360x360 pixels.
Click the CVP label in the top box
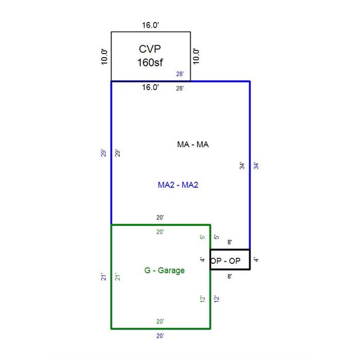click(x=150, y=49)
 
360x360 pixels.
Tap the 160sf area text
click(x=150, y=62)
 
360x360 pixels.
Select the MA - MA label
click(x=193, y=145)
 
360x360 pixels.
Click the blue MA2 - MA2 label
click(x=178, y=185)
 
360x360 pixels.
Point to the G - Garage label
click(x=165, y=271)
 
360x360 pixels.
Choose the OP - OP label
click(x=225, y=261)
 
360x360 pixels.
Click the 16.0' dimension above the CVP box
click(x=150, y=25)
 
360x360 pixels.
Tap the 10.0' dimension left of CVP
click(x=104, y=57)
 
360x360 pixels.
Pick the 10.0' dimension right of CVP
click(x=196, y=57)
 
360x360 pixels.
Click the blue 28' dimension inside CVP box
click(x=180, y=74)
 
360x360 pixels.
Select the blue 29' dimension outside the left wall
click(x=103, y=153)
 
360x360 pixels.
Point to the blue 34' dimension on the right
click(x=256, y=166)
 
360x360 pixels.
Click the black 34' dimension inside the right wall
click(x=242, y=166)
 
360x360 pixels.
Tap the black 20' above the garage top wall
click(x=160, y=218)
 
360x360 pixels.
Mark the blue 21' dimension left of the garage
click(x=103, y=277)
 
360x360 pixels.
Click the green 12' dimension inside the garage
click(x=203, y=299)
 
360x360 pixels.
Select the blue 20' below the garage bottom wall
click(x=160, y=336)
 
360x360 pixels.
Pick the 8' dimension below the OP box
click(x=229, y=276)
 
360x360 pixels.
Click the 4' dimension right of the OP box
click(x=256, y=259)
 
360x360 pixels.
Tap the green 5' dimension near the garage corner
click(x=203, y=237)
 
